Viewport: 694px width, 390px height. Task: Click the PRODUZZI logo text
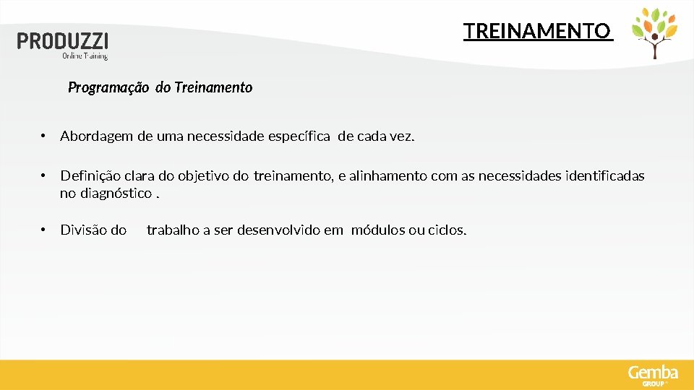63,40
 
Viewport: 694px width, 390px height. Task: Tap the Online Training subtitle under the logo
85,56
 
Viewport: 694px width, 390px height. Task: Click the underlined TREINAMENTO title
537,31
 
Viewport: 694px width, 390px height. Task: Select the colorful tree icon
654,32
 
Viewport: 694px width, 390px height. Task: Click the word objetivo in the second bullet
204,175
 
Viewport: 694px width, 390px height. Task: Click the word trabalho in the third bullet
173,230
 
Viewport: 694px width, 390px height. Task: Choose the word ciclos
447,230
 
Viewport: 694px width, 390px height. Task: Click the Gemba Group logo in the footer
653,375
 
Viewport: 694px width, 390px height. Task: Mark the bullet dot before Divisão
44,230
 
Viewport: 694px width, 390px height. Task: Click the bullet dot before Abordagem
44,136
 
